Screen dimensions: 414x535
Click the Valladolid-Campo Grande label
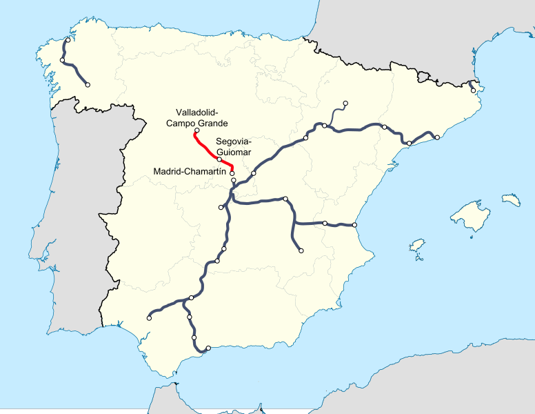(196, 117)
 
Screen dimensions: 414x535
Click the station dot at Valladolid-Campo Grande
(197, 130)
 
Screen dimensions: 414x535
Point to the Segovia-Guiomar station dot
(219, 159)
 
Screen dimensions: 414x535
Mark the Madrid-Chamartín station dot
(232, 173)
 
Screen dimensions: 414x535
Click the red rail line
(206, 146)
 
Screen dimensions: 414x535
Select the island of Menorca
(511, 199)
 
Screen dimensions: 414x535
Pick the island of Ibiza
(416, 246)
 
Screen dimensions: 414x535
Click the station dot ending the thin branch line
(345, 103)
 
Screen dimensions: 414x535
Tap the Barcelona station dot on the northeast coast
(437, 137)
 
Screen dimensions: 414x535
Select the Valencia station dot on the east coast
(354, 225)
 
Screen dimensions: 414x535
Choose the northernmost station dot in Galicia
(68, 39)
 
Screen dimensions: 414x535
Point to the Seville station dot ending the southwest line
(149, 318)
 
